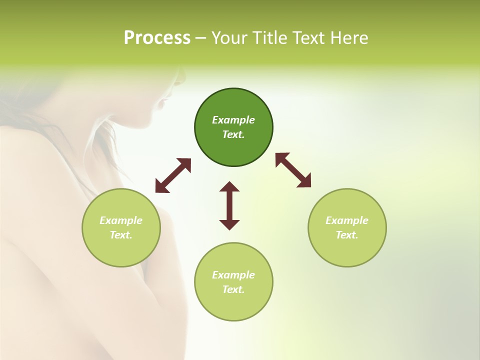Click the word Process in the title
[157, 38]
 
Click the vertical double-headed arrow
[229, 206]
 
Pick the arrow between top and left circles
[173, 175]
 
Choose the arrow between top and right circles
[293, 170]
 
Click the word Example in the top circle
[233, 120]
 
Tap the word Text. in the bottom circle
[233, 289]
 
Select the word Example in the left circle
[121, 220]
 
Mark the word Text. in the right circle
[347, 235]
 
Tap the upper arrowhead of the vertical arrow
[229, 187]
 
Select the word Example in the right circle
[347, 220]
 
